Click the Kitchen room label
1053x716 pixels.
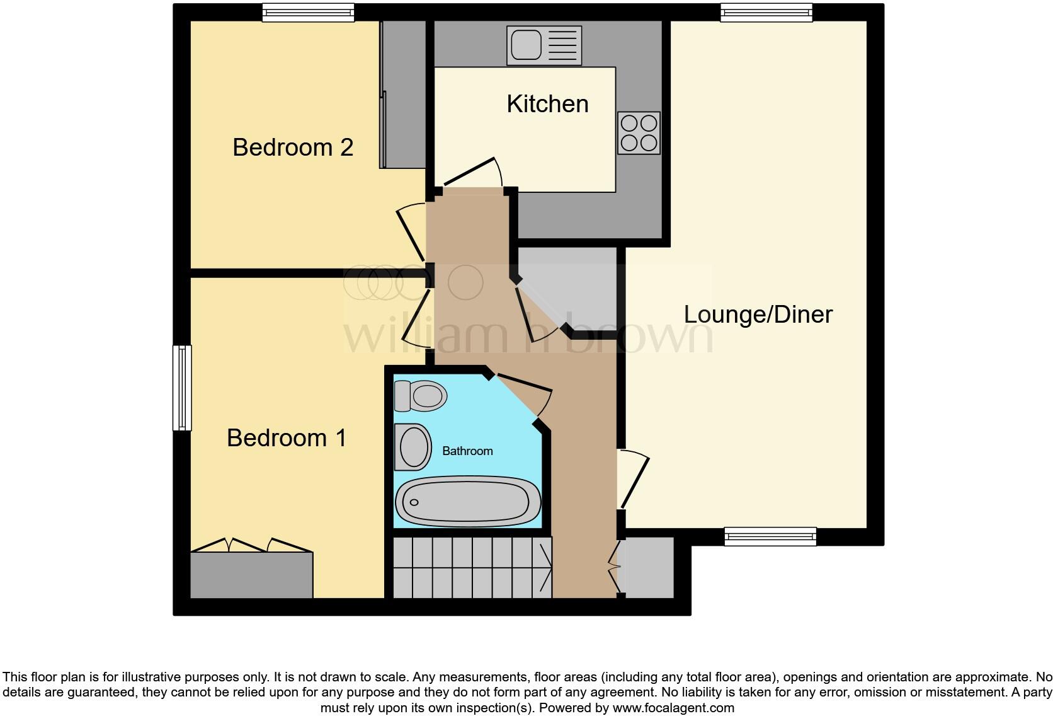pos(547,104)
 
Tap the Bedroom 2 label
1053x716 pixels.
pos(293,147)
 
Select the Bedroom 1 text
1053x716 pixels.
pos(287,438)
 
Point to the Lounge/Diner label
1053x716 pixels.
pos(758,314)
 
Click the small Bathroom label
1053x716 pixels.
pos(467,451)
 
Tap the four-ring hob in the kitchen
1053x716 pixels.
pos(639,133)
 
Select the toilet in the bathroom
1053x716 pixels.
pos(420,396)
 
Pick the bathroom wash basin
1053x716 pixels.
pos(413,448)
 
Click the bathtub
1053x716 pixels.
pos(467,502)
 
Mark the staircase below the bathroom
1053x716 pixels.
pos(471,567)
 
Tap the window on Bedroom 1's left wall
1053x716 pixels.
pos(182,388)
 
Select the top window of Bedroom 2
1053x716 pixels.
pos(308,12)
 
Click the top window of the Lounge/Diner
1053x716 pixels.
pos(766,12)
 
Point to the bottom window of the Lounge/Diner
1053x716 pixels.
pos(770,536)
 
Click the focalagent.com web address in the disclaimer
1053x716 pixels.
pos(673,708)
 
